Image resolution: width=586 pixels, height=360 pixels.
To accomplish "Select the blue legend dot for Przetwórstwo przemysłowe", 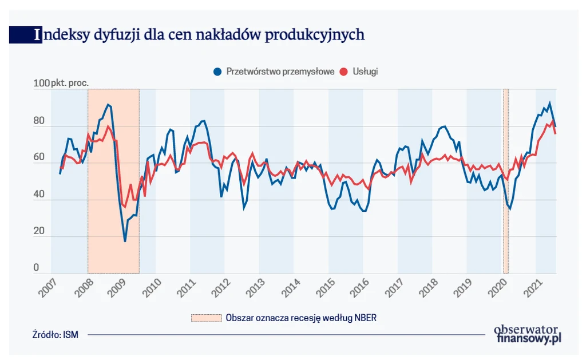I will (x=217, y=72).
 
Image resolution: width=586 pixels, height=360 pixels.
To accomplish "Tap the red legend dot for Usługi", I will (x=343, y=72).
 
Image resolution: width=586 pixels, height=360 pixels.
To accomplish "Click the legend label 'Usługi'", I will (x=366, y=72).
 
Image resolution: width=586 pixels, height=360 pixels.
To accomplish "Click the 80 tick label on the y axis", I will (x=38, y=121).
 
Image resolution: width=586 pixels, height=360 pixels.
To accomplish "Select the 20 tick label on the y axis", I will (x=38, y=231).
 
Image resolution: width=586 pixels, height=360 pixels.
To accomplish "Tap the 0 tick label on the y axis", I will (x=36, y=268).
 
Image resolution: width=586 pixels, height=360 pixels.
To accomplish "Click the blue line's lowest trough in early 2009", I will (x=125, y=241).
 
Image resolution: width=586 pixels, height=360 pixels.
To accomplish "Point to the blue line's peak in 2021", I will (x=549, y=104).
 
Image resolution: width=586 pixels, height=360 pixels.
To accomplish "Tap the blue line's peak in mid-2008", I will (x=108, y=105).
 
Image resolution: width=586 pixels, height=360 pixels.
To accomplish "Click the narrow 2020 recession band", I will (x=506, y=181).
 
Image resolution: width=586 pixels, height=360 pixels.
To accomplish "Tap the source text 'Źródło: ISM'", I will (x=56, y=335).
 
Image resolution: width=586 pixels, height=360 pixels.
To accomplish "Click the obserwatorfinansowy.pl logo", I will (x=527, y=334).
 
